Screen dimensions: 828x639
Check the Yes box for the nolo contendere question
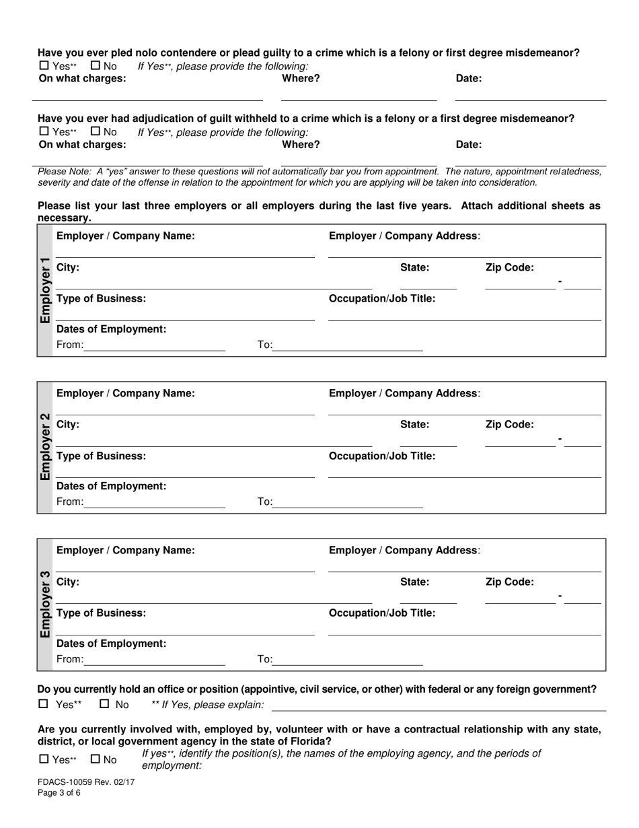click(44, 66)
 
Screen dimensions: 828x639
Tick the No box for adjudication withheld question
click(95, 132)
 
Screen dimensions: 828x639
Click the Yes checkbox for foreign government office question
click(44, 704)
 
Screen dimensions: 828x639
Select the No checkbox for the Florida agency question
click(95, 759)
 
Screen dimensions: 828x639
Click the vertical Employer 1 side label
click(45, 290)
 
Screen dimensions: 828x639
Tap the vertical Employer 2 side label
click(45, 447)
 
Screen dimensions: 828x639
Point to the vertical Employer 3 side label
click(45, 605)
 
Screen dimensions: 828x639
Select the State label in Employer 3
click(414, 582)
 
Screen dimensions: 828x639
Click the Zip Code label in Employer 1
click(509, 267)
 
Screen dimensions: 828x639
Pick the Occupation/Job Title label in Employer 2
click(381, 456)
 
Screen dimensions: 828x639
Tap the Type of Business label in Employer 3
click(101, 613)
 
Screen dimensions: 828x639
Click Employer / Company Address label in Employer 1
click(404, 236)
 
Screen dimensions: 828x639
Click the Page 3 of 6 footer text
click(59, 793)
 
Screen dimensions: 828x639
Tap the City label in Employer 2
click(68, 424)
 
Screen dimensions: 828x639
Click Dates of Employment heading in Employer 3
click(111, 643)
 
